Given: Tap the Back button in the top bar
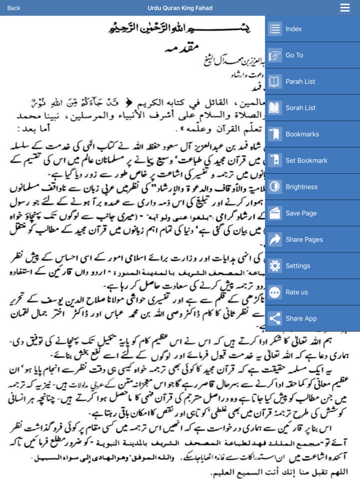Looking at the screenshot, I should (x=14, y=8).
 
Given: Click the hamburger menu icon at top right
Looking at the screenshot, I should (x=345, y=7).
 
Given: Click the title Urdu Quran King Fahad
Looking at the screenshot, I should (x=180, y=8).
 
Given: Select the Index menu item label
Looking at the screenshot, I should (x=294, y=29).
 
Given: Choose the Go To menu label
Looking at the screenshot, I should (x=294, y=55).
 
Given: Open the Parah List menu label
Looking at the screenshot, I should (x=301, y=81).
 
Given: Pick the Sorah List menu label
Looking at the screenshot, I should (x=301, y=107).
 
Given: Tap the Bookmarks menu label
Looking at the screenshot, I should (x=302, y=134).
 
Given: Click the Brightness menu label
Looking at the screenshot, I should (x=302, y=187).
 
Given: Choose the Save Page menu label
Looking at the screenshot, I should (x=301, y=213).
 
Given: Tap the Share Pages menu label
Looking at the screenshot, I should (x=304, y=239).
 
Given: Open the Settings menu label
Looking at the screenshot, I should (x=298, y=266).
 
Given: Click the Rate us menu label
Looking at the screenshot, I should (x=297, y=292).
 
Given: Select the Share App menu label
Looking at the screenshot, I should (x=301, y=318).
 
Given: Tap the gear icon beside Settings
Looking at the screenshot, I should (x=275, y=266).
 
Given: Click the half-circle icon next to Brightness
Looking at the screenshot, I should (x=275, y=187).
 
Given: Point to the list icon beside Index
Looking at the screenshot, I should (x=275, y=29).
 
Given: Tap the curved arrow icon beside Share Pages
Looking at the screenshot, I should (x=275, y=239).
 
